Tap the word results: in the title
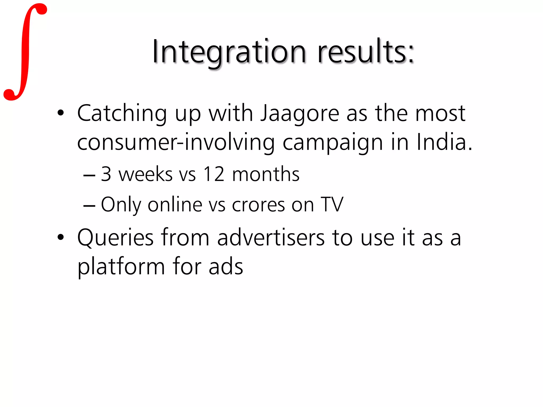366,52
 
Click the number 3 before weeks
106,174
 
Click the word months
266,174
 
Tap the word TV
332,205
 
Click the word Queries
115,238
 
